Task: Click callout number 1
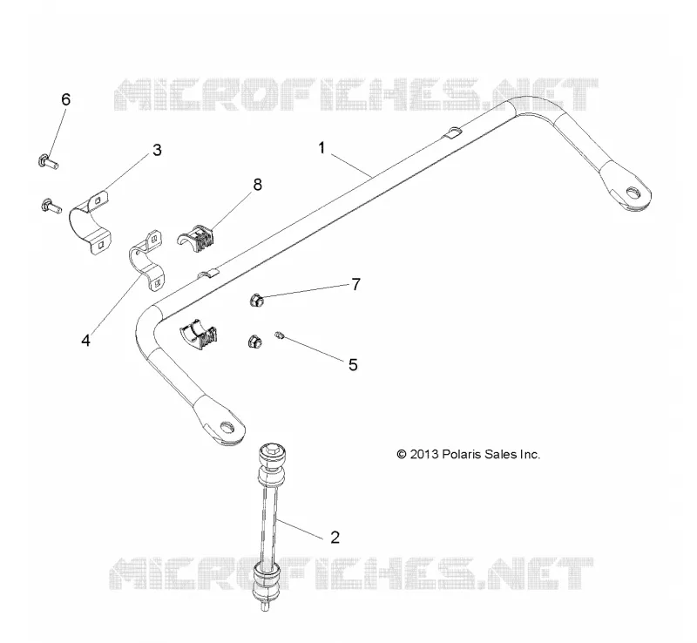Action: pyautogui.click(x=321, y=148)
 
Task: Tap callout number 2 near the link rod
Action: pyautogui.click(x=335, y=538)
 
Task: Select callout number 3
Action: pyautogui.click(x=157, y=151)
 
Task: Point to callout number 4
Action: pyautogui.click(x=85, y=341)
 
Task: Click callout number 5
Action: pyautogui.click(x=353, y=365)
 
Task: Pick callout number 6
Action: pyautogui.click(x=66, y=99)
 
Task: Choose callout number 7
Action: pyautogui.click(x=355, y=285)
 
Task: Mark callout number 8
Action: pyautogui.click(x=257, y=185)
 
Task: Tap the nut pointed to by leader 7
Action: pyautogui.click(x=256, y=301)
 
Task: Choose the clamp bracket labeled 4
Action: pyautogui.click(x=146, y=261)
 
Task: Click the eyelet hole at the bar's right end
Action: pyautogui.click(x=632, y=193)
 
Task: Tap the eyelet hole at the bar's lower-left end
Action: pyautogui.click(x=227, y=428)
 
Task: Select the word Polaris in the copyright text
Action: pyautogui.click(x=462, y=455)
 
